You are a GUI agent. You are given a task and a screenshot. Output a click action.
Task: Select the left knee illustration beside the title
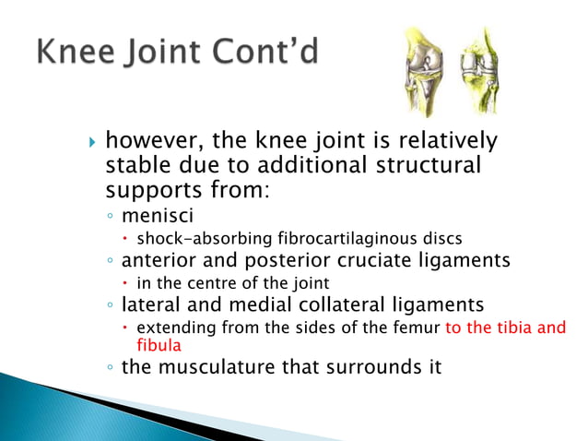421,70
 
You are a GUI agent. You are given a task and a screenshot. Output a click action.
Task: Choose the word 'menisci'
154,218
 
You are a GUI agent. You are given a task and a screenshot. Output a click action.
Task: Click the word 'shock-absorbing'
194,240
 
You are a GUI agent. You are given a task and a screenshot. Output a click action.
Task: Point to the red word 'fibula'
159,345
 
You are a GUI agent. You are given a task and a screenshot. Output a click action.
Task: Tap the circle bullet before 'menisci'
111,219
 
